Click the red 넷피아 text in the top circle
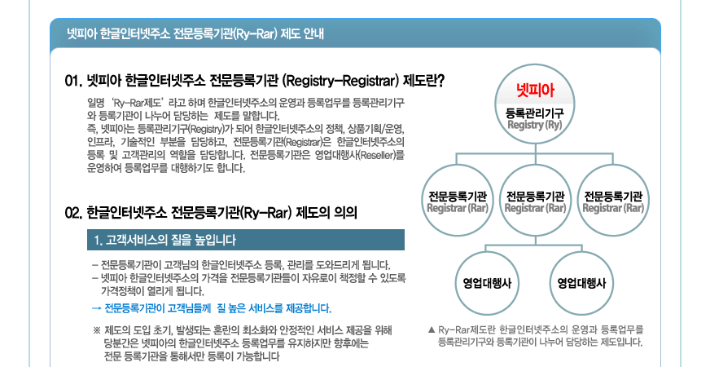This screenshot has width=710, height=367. (x=535, y=90)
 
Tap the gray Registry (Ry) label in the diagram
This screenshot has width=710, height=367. (x=535, y=125)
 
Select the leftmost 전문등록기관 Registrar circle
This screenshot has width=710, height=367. (x=458, y=201)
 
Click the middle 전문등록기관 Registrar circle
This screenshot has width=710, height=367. (x=535, y=201)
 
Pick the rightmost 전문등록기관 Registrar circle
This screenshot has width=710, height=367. (x=613, y=201)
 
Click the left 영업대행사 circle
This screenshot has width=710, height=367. (x=487, y=283)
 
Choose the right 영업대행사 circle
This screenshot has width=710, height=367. (x=581, y=283)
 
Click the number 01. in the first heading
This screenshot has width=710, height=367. (x=74, y=82)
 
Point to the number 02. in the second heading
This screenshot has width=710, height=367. (x=74, y=213)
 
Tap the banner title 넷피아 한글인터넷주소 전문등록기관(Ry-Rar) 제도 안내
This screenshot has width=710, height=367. (x=195, y=34)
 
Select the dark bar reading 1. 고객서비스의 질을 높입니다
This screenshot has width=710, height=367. (x=246, y=240)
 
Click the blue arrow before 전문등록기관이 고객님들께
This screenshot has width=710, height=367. (x=96, y=308)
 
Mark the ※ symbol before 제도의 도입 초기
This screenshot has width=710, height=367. (x=97, y=330)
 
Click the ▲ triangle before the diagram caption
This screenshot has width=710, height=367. (x=432, y=329)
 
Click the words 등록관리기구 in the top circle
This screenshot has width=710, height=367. (x=535, y=113)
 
